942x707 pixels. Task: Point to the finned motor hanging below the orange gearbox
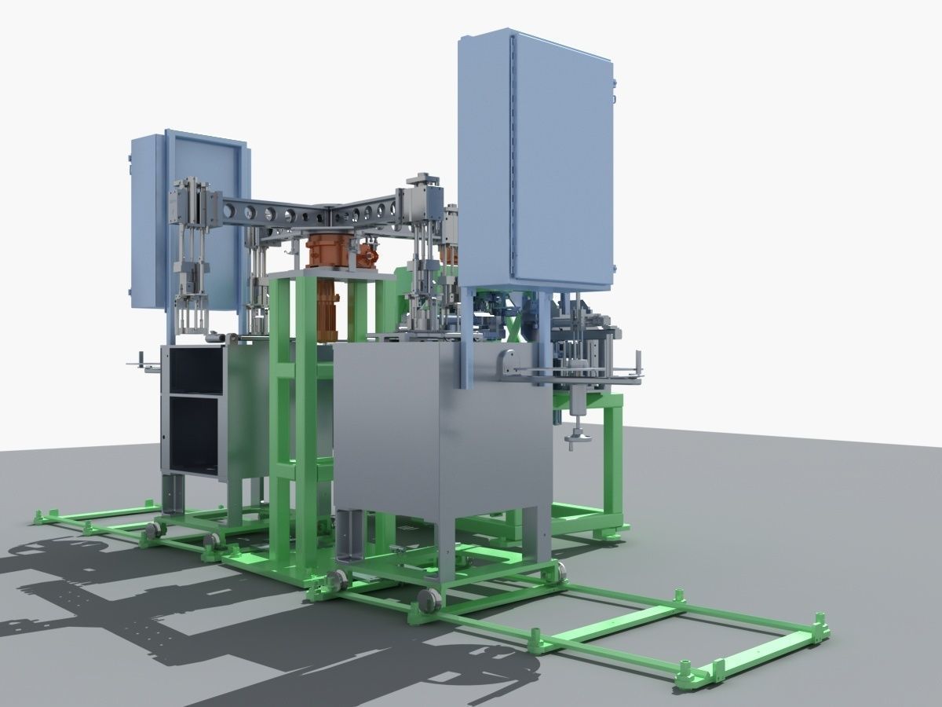pos(327,302)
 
